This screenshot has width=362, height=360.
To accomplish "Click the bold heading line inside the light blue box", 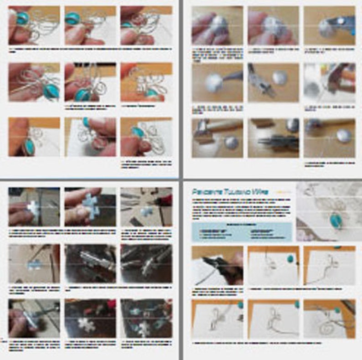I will pyautogui.click(x=241, y=225).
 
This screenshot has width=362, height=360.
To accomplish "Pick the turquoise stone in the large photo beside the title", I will pyautogui.click(x=336, y=221).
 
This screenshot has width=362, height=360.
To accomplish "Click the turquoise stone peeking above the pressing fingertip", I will pyautogui.click(x=85, y=122).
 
